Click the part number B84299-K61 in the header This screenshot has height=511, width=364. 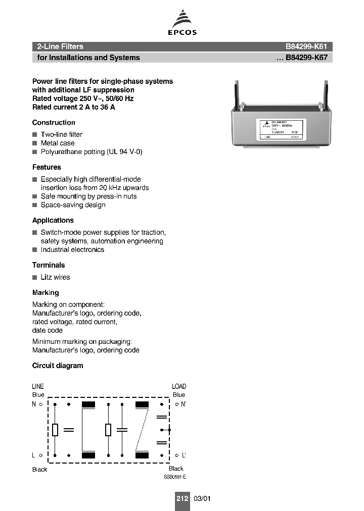click(x=308, y=46)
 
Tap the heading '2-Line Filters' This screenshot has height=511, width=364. click(x=60, y=46)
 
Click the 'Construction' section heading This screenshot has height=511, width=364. click(x=54, y=123)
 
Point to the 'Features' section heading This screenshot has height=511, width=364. click(x=47, y=167)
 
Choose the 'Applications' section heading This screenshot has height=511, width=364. click(x=53, y=221)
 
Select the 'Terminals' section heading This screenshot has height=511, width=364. click(x=49, y=265)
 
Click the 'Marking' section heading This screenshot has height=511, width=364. click(x=45, y=293)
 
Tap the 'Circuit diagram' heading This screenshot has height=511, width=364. click(x=58, y=366)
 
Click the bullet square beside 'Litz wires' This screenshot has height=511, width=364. click(x=35, y=277)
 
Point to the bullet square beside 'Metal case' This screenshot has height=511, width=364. click(x=35, y=143)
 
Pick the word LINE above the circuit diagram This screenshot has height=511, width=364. click(x=38, y=386)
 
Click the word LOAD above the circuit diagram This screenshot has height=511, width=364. click(x=179, y=386)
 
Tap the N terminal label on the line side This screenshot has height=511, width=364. click(x=34, y=404)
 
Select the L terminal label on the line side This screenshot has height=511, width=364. click(x=34, y=455)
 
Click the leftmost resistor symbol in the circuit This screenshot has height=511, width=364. click(x=55, y=430)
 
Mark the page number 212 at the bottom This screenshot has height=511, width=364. click(x=182, y=498)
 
